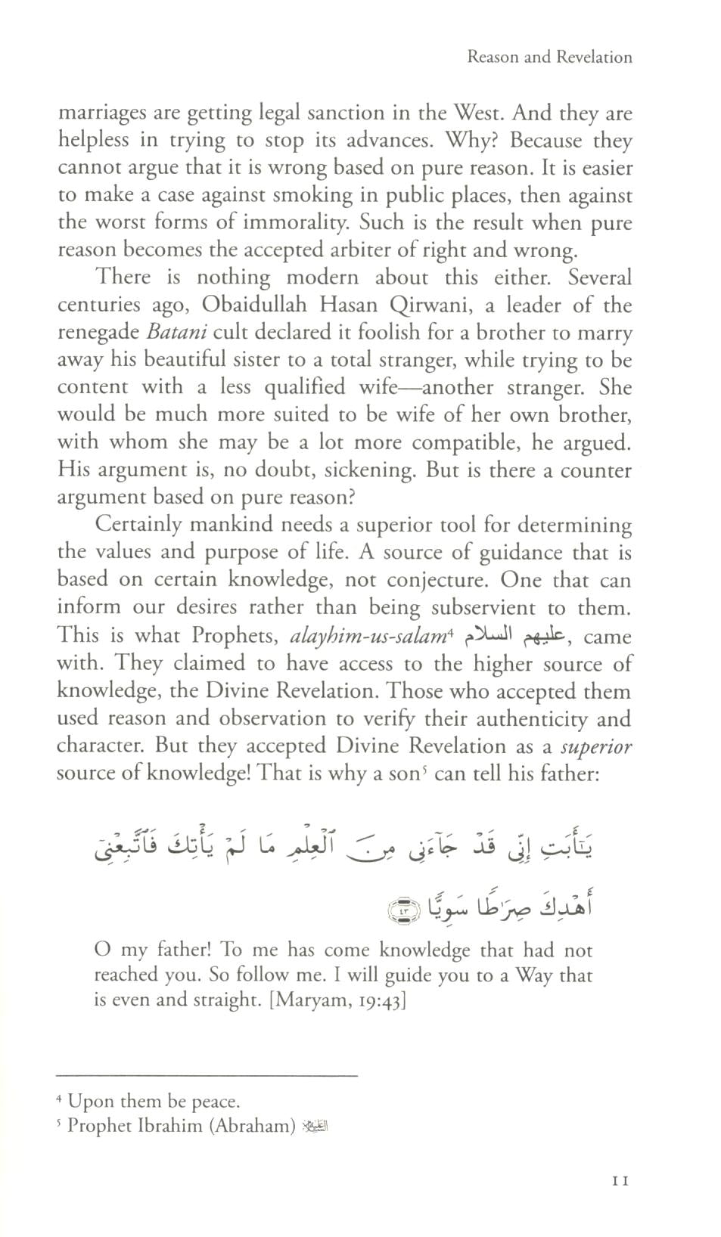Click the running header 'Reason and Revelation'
tap(549, 57)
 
